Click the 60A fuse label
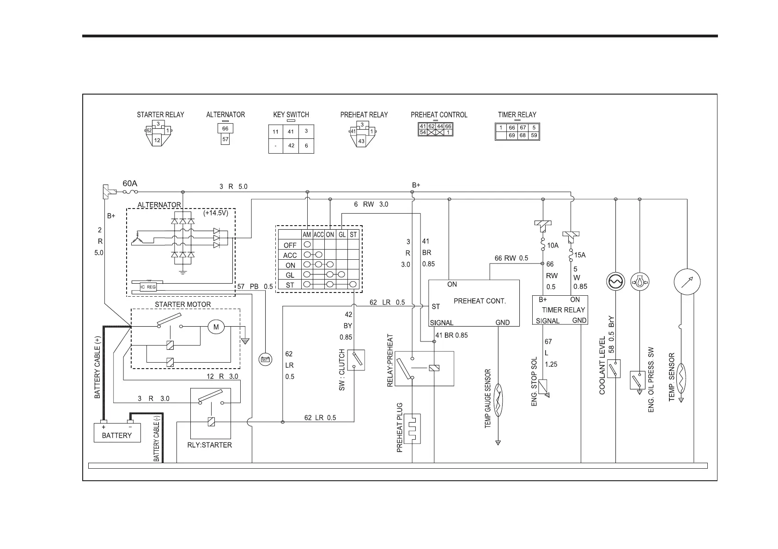[x=130, y=183]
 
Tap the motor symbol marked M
[x=215, y=327]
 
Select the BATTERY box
[x=117, y=435]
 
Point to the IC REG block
[x=148, y=287]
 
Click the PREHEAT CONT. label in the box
[x=480, y=301]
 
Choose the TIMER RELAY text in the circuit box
[x=563, y=310]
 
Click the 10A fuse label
[x=553, y=246]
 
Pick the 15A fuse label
[x=580, y=255]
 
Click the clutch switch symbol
[x=356, y=360]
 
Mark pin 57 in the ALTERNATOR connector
[x=225, y=139]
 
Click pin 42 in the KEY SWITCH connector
[x=291, y=145]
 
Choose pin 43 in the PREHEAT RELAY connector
[x=361, y=141]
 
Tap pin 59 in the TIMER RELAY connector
[x=534, y=136]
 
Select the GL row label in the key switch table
[x=290, y=275]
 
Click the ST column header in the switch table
[x=353, y=234]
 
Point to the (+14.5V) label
[x=216, y=214]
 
